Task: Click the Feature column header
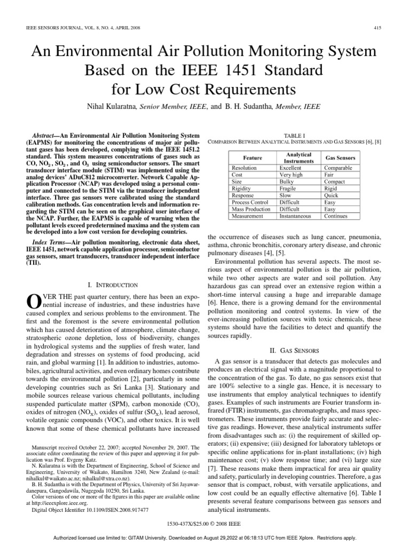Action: pos(252,158)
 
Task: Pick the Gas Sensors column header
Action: pos(340,158)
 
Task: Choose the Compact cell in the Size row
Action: pos(335,182)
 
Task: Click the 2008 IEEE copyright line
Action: pos(204,525)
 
